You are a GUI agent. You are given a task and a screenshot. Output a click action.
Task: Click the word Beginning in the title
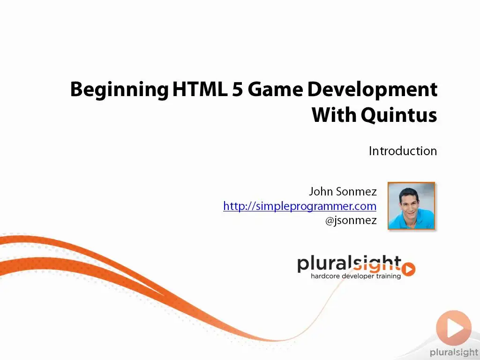[119, 90]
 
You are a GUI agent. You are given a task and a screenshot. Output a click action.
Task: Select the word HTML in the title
[200, 89]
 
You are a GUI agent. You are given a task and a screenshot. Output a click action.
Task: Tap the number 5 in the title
[237, 89]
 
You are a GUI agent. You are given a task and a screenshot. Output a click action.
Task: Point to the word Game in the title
[275, 89]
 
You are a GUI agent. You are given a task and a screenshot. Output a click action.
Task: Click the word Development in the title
[372, 90]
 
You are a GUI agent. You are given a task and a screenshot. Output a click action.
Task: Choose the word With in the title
[334, 115]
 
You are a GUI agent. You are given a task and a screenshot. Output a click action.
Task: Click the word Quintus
[399, 115]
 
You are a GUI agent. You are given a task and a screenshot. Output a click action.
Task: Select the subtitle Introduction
[403, 151]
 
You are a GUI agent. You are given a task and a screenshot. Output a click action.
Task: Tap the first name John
[321, 191]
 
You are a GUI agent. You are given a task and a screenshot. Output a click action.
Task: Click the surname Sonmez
[356, 192]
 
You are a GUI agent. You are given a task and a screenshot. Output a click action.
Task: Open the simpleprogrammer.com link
[300, 206]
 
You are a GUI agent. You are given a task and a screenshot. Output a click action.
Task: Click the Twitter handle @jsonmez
[351, 220]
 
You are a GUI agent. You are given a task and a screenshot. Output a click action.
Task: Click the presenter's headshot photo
[411, 206]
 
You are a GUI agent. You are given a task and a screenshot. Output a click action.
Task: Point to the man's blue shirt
[411, 220]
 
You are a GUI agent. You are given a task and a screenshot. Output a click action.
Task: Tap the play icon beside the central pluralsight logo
[408, 270]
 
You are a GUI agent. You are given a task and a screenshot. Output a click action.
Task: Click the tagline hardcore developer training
[356, 276]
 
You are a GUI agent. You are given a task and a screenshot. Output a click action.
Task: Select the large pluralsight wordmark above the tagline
[349, 264]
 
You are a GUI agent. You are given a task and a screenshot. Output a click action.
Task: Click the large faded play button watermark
[454, 328]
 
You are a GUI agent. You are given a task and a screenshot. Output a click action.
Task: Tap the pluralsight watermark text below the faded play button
[454, 352]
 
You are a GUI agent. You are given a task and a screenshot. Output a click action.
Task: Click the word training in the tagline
[389, 277]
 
